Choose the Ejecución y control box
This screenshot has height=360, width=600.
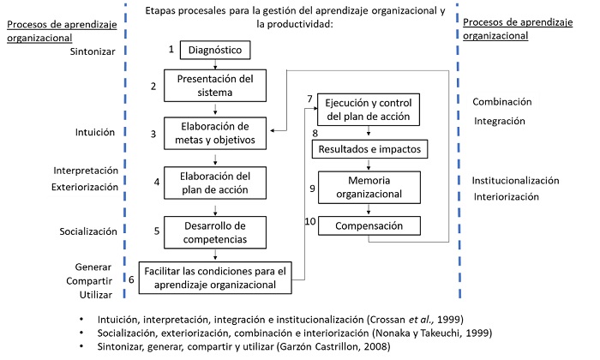pos(369,109)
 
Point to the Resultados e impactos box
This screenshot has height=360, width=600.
pos(369,149)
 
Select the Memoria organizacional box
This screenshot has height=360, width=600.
pos(369,188)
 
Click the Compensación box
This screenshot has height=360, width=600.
pos(369,226)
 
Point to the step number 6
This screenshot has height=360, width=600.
pos(131,279)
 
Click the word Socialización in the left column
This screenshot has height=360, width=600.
pos(39,230)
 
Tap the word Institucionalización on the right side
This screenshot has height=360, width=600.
pos(515,181)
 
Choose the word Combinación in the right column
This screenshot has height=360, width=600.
pos(502,101)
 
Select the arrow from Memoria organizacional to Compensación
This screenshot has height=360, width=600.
pos(369,208)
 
